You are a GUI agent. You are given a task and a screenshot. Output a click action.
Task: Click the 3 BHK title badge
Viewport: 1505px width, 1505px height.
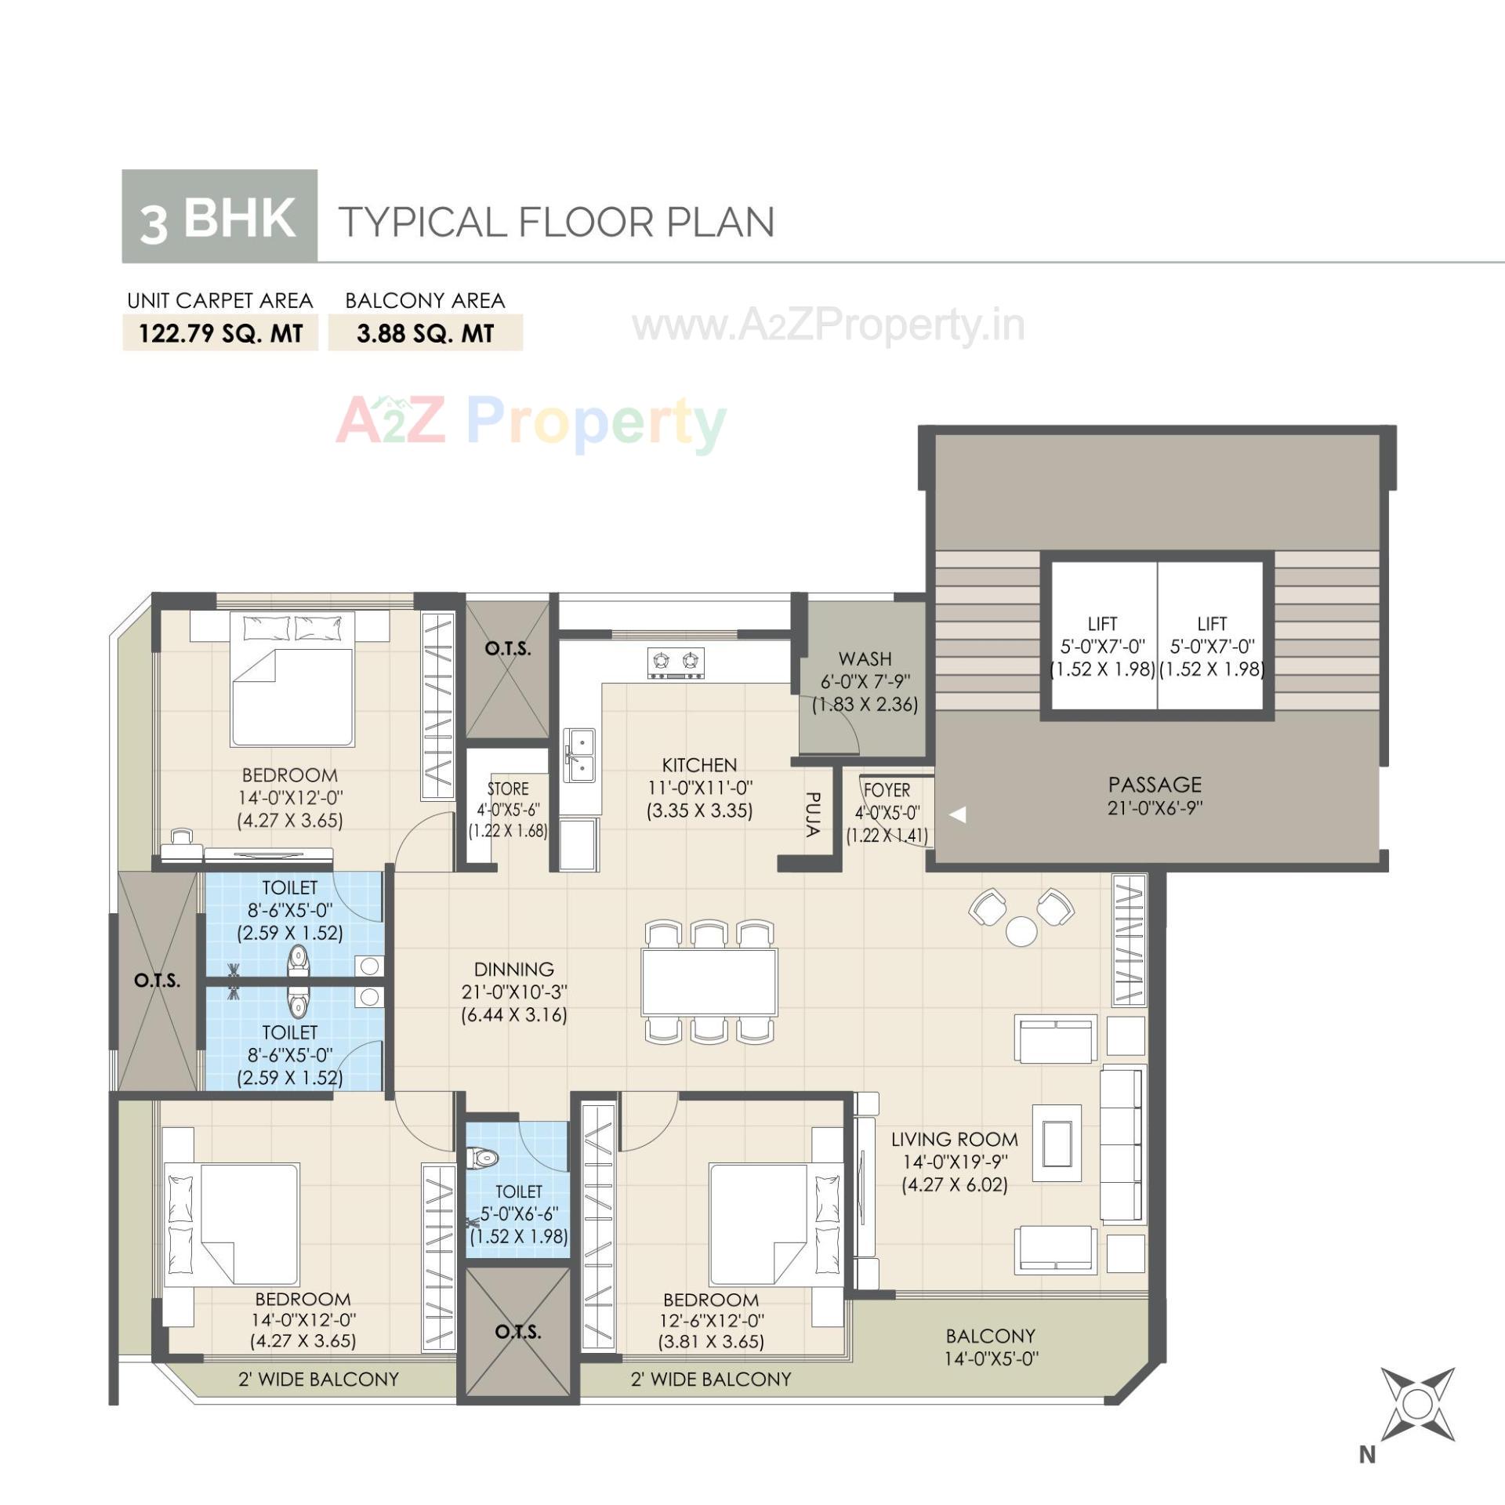pyautogui.click(x=219, y=216)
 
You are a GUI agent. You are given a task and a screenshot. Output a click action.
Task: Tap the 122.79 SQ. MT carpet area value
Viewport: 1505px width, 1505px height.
pyautogui.click(x=220, y=333)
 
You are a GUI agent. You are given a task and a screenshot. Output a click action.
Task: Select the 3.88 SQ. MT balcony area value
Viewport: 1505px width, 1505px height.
pyautogui.click(x=425, y=333)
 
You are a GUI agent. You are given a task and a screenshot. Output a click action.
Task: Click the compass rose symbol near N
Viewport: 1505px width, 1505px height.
pyautogui.click(x=1416, y=1404)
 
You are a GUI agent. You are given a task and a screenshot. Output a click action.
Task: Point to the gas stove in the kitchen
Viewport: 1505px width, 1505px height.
pyautogui.click(x=676, y=662)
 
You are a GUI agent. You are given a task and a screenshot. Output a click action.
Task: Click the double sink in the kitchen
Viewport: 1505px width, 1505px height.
pyautogui.click(x=581, y=756)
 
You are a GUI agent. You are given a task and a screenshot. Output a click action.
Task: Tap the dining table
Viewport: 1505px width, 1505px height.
pyautogui.click(x=709, y=982)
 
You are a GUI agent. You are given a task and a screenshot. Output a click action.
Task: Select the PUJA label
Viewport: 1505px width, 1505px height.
pyautogui.click(x=812, y=814)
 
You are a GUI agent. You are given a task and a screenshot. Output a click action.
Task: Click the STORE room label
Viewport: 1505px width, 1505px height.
pyautogui.click(x=508, y=789)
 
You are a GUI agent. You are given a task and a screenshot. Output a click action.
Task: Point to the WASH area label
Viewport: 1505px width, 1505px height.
pyautogui.click(x=865, y=658)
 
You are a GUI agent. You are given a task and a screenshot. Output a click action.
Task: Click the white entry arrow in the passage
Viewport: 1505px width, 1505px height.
pyautogui.click(x=957, y=815)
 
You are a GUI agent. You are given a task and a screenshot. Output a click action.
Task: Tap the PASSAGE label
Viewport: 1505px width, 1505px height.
pyautogui.click(x=1155, y=785)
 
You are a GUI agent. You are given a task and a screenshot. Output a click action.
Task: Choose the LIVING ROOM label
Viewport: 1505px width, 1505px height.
pyautogui.click(x=954, y=1140)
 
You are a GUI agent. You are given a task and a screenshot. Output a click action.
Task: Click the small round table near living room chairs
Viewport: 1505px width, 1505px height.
pyautogui.click(x=1021, y=931)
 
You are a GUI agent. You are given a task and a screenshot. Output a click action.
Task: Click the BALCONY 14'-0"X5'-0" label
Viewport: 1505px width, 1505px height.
pyautogui.click(x=990, y=1347)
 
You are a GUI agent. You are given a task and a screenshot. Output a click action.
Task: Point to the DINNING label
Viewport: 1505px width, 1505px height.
pyautogui.click(x=513, y=969)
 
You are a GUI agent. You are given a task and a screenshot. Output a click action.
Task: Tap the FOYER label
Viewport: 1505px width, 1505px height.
pyautogui.click(x=887, y=790)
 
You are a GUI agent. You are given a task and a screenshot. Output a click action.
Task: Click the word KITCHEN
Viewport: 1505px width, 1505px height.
pyautogui.click(x=699, y=765)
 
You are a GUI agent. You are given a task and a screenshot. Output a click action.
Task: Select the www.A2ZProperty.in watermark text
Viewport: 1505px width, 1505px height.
pyautogui.click(x=829, y=325)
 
